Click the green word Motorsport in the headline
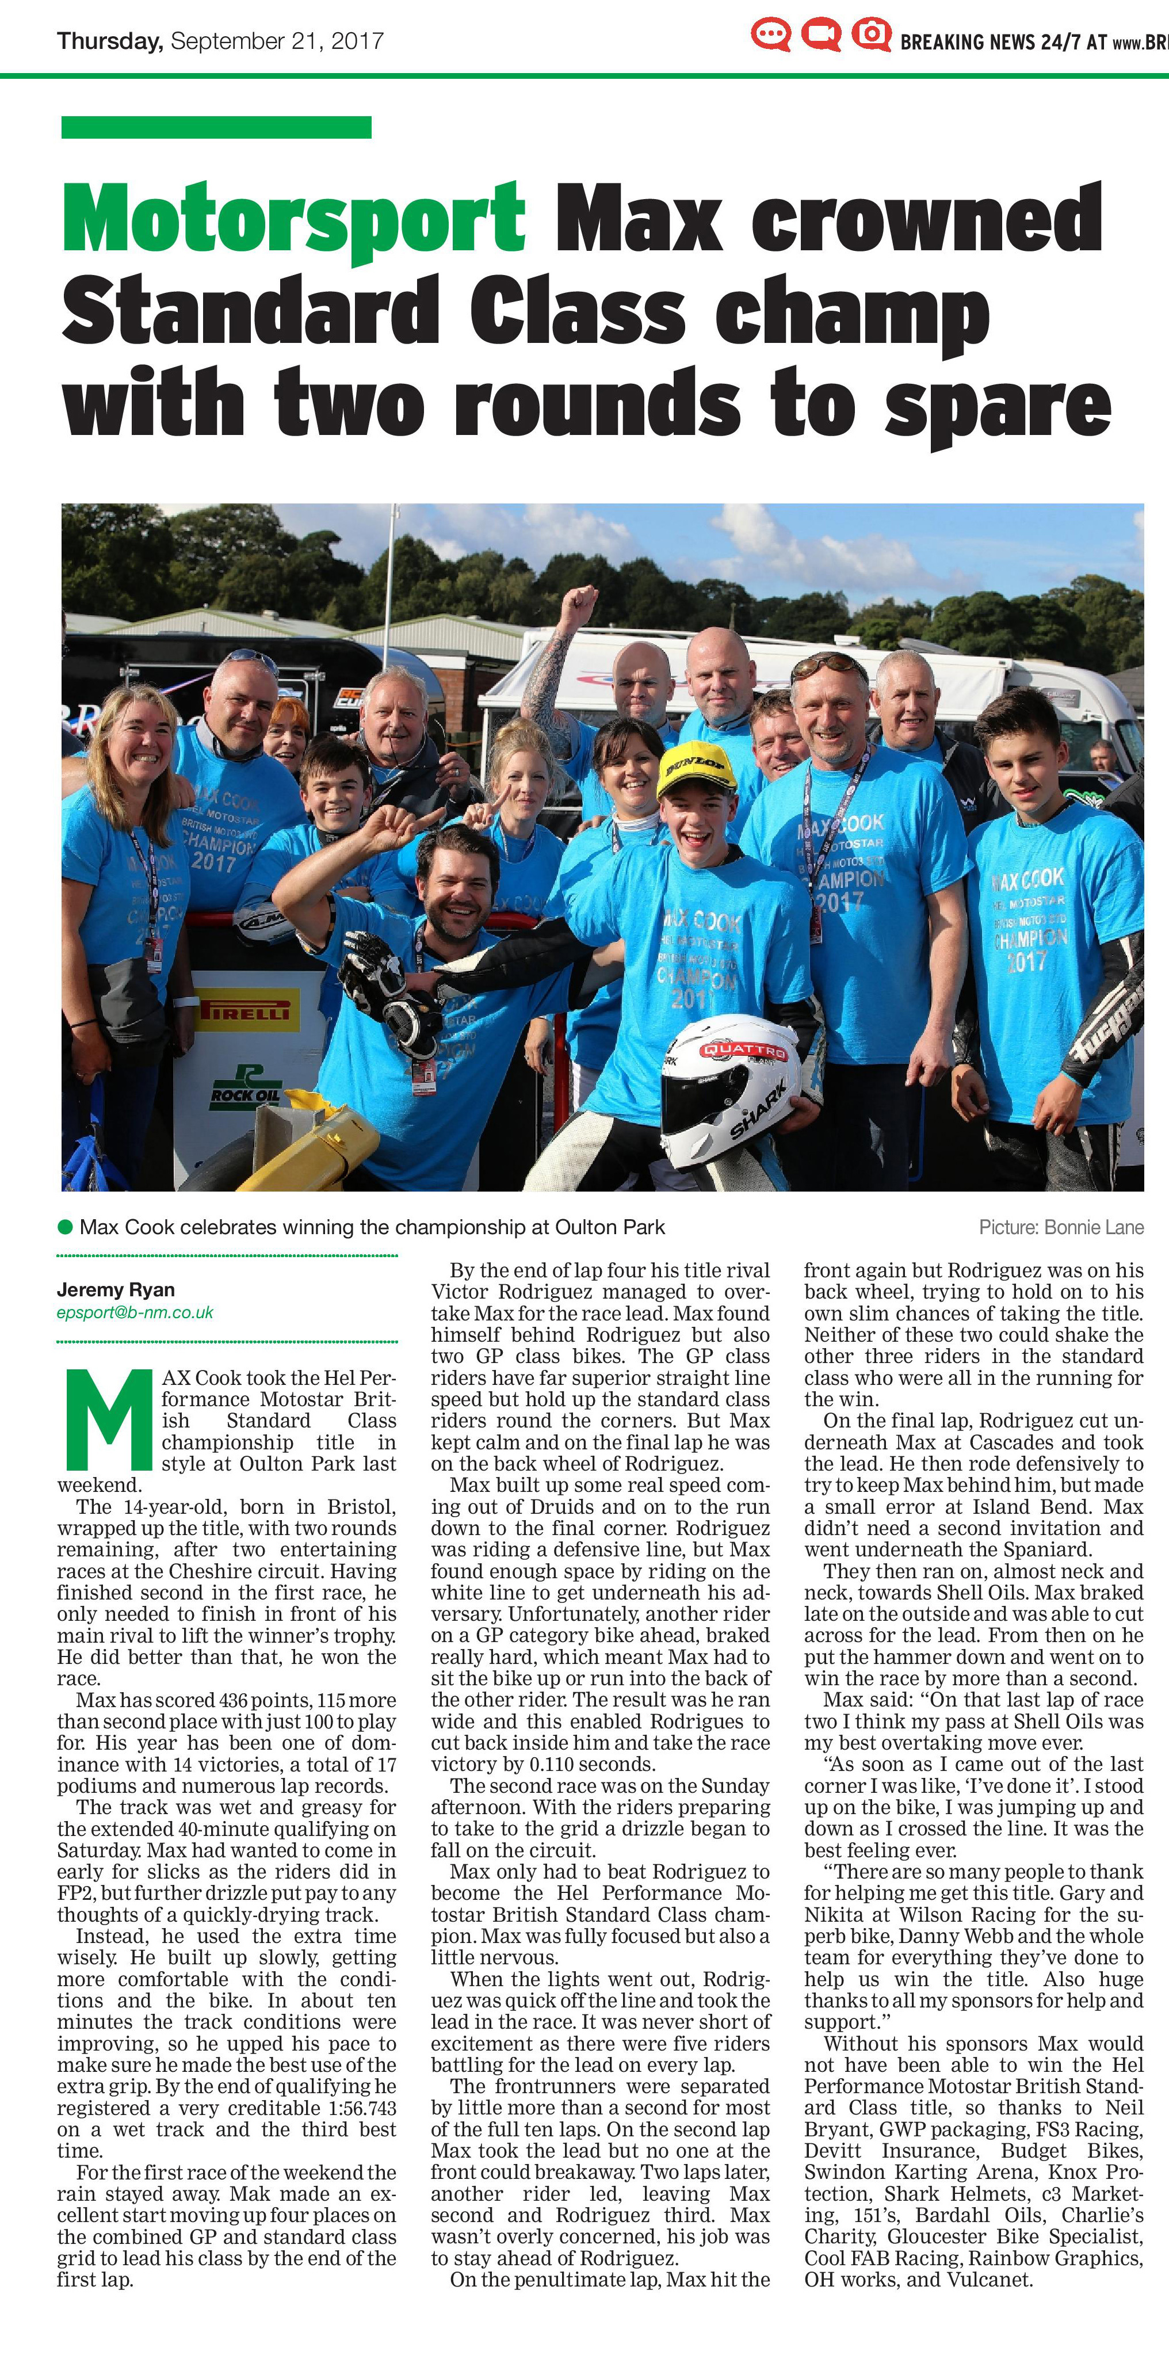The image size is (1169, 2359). pyautogui.click(x=293, y=218)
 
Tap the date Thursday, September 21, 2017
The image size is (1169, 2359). pyautogui.click(x=220, y=41)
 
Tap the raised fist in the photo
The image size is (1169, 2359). pyautogui.click(x=579, y=604)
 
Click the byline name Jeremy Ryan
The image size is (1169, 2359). pyautogui.click(x=115, y=1289)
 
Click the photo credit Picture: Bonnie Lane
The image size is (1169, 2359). pyautogui.click(x=1061, y=1227)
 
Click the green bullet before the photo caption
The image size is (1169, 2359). pyautogui.click(x=65, y=1226)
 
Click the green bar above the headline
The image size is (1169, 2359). pyautogui.click(x=216, y=127)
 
